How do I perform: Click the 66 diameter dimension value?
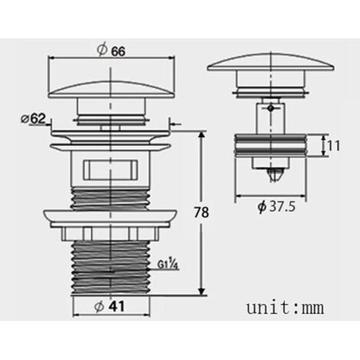[118, 51]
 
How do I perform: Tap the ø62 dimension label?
[33, 119]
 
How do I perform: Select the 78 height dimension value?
[201, 212]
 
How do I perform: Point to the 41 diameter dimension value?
[116, 306]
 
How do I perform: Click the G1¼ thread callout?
[168, 264]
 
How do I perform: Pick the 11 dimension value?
[334, 146]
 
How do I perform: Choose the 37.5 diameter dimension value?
[283, 206]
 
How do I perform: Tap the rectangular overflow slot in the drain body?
[110, 169]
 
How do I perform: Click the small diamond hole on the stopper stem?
[270, 108]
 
